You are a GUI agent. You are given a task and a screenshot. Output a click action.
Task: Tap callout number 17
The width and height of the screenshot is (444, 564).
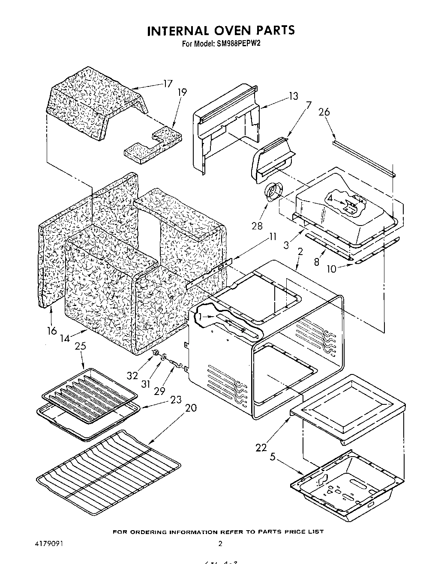point(167,84)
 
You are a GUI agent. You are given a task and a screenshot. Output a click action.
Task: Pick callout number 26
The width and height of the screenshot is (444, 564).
point(324,112)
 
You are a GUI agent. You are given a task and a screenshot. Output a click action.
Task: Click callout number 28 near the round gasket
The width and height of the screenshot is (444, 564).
point(257,226)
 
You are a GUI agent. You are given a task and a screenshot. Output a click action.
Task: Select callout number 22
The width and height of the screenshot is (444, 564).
point(261,448)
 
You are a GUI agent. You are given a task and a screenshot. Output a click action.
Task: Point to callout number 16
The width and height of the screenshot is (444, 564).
point(51,331)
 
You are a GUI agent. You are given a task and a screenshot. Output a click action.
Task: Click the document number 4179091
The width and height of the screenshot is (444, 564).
point(49,544)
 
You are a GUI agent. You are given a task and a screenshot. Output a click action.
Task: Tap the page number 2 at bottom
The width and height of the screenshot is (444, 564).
point(220,544)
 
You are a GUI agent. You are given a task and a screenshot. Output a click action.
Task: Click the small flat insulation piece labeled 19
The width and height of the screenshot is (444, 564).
point(150,146)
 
